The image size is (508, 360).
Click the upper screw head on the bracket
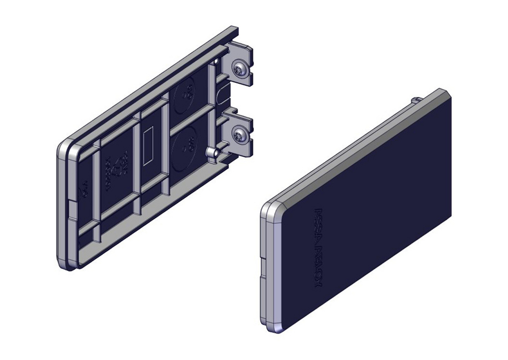click(239, 68)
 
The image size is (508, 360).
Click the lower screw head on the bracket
click(239, 135)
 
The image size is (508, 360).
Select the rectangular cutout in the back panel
click(149, 146)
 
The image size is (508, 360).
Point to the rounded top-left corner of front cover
click(272, 208)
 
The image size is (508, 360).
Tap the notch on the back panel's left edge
click(70, 206)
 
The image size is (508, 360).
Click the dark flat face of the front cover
click(376, 203)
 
